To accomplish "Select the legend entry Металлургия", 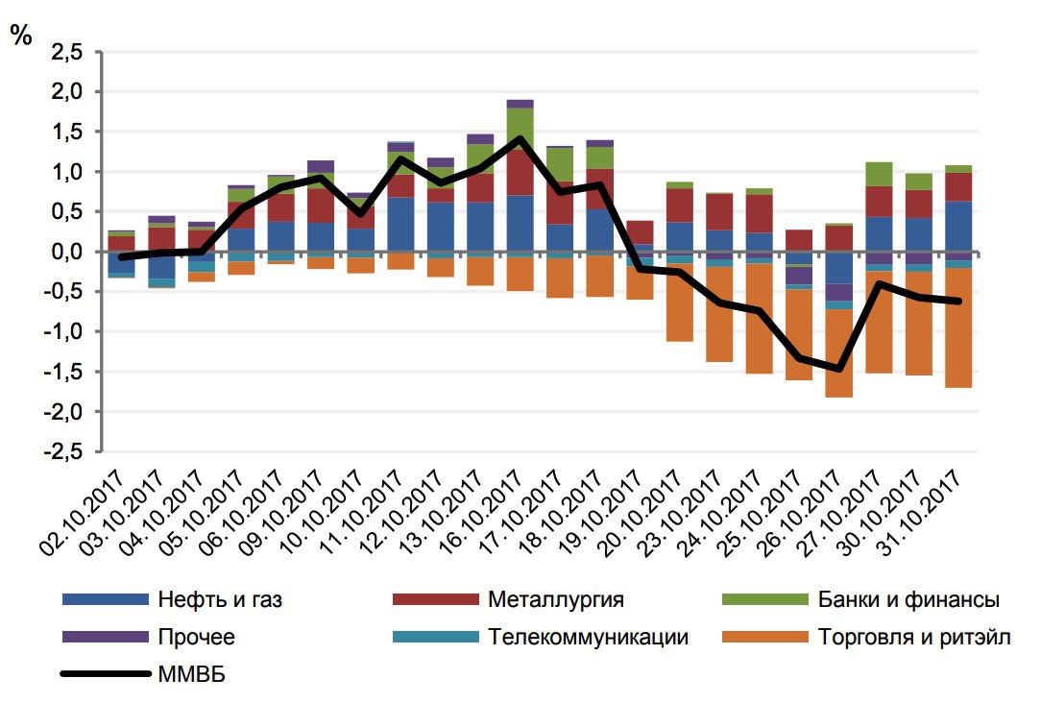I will pyautogui.click(x=555, y=600).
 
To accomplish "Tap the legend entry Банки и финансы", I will pyautogui.click(x=908, y=600).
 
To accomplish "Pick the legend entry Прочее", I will pyautogui.click(x=195, y=637).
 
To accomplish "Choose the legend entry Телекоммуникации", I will pyautogui.click(x=588, y=637).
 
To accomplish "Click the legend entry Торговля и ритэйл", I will pyautogui.click(x=914, y=637).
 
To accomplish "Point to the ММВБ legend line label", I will pyautogui.click(x=189, y=673).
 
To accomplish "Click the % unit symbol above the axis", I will pyautogui.click(x=21, y=36).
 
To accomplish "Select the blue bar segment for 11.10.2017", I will pyautogui.click(x=400, y=224).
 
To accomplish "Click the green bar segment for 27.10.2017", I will pyautogui.click(x=879, y=174).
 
